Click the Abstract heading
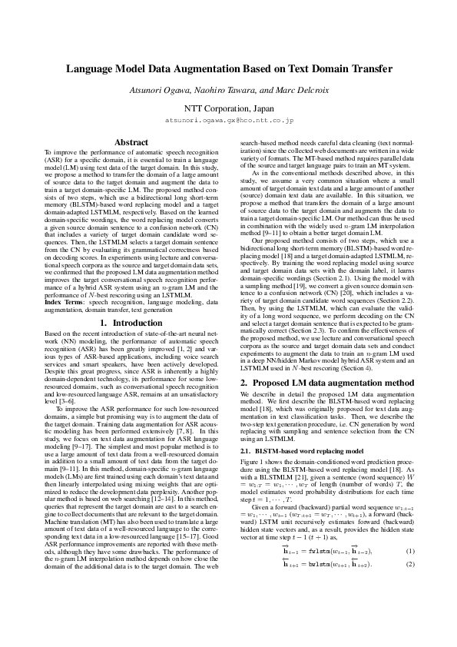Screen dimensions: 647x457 point(131,142)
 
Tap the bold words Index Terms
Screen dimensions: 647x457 point(63,304)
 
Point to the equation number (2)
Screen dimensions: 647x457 point(410,543)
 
